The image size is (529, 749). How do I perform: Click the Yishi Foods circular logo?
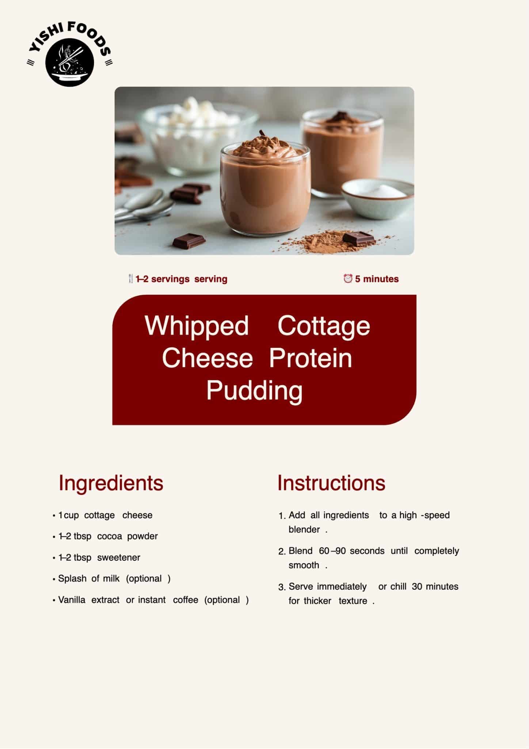point(70,54)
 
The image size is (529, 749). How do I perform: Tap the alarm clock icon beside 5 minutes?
point(348,279)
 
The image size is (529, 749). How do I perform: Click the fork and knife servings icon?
point(130,279)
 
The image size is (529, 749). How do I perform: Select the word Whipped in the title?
point(197,325)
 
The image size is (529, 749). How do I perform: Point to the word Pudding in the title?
point(254,391)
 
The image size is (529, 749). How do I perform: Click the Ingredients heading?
point(111,483)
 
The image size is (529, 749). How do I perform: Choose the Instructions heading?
point(331,483)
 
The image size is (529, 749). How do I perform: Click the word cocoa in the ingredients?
point(110,536)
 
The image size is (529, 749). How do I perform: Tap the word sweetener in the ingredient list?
point(119,557)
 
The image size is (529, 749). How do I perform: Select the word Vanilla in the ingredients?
point(72,600)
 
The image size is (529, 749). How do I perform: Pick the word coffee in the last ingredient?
point(186,600)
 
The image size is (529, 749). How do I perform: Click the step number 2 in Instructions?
point(281,552)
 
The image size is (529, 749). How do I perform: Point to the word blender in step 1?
point(304,529)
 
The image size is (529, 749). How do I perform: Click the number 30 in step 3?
point(417,586)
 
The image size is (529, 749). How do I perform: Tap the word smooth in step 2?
point(304,565)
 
